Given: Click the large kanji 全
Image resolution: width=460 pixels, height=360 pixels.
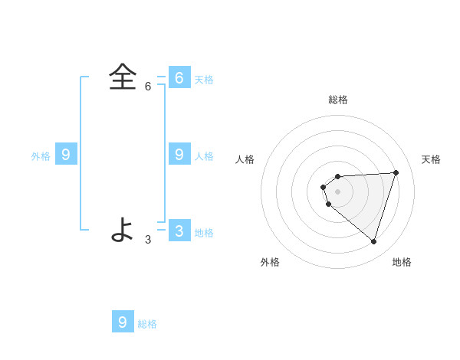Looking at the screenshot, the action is pos(123,77).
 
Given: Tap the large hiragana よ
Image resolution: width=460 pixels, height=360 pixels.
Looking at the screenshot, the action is pos(123,229).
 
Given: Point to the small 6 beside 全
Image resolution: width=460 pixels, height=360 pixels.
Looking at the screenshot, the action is pos(148,87).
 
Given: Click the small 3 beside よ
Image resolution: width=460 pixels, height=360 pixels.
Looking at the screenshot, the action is pos(148,240).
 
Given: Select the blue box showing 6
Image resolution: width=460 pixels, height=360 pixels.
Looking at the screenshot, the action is pos(179,77).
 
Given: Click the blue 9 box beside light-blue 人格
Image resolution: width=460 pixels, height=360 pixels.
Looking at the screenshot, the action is pos(179,154).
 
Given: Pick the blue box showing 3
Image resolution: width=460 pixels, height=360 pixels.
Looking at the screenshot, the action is pos(179,231).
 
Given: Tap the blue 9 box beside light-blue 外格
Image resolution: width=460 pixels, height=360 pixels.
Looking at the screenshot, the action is pos(66,154).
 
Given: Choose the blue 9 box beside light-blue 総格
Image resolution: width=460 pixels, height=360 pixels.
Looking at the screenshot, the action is pos(123,322).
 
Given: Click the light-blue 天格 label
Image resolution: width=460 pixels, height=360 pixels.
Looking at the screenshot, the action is pos(204,80).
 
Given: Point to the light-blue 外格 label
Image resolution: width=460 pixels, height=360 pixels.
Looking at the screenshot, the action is pos(41,156).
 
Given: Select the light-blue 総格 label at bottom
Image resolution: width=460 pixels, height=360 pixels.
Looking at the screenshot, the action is pos(147,324).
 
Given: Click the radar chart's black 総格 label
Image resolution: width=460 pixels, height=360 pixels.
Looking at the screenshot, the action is pos(338,100).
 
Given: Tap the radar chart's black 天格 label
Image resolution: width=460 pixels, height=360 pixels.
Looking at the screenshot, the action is pos(431,159).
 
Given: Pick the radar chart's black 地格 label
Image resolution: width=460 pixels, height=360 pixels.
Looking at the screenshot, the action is pos(402,262).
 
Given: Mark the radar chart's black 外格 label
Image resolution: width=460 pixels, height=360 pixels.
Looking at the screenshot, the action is pos(270,262).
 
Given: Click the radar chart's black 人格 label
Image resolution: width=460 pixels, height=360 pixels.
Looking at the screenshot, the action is pos(245,159).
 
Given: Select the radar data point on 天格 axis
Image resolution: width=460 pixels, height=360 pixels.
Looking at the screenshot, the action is pos(396,172).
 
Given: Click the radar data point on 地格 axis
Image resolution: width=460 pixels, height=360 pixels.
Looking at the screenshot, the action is pos(373,241).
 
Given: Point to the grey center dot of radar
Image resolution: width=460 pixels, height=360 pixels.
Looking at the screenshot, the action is pos(337,191).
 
